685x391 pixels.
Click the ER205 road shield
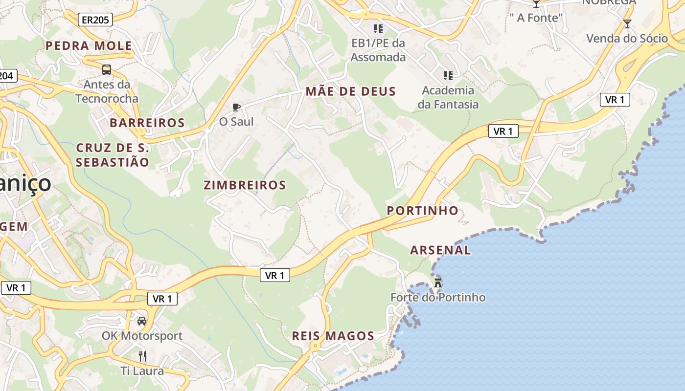[95, 20]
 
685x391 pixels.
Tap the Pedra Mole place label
[89, 46]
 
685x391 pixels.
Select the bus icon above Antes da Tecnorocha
[107, 70]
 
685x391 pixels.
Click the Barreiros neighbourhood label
[147, 123]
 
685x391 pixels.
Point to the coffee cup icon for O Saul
[236, 107]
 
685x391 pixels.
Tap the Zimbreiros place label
[245, 185]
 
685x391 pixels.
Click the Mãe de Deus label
[351, 91]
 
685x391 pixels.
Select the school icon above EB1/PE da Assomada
[378, 28]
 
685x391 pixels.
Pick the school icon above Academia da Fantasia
[448, 75]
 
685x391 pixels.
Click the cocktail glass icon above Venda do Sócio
[627, 23]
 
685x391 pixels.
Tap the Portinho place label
[423, 211]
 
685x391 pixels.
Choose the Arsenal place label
[440, 250]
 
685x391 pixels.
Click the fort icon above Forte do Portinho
[438, 282]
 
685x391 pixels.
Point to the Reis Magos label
[333, 336]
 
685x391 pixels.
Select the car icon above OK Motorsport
[142, 321]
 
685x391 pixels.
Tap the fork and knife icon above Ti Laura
[142, 356]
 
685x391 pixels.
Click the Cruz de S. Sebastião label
[113, 155]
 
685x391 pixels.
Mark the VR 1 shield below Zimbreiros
[274, 276]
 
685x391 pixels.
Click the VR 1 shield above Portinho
[503, 131]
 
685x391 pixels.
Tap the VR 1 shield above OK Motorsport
[162, 299]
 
